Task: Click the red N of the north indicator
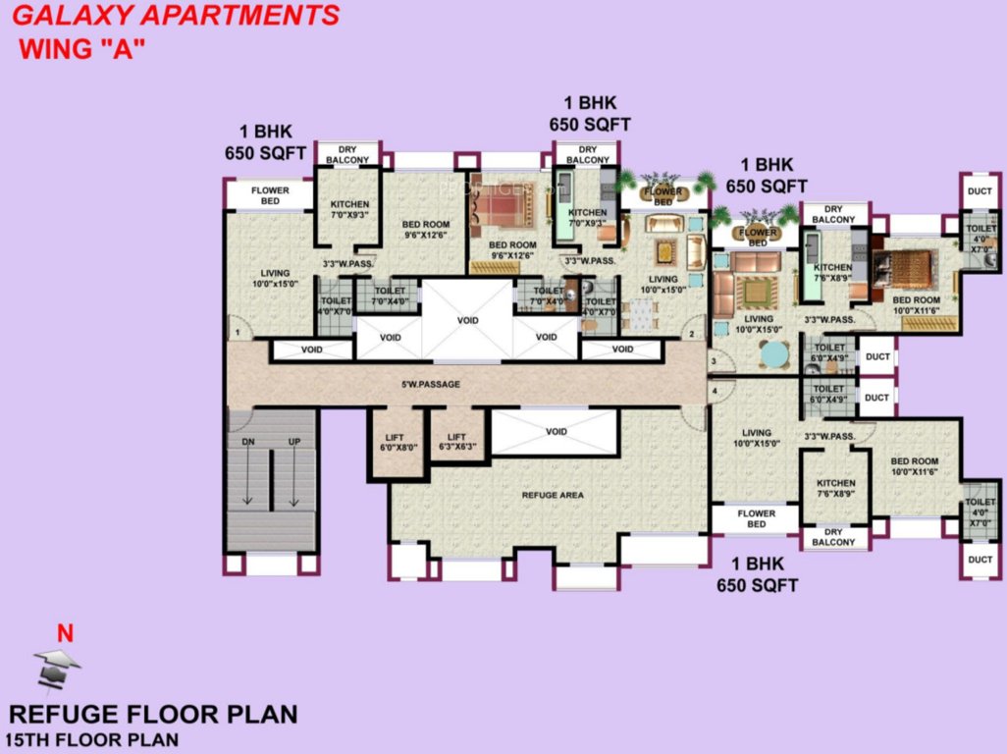tap(65, 634)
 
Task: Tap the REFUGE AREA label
tap(552, 496)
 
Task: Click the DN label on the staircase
tap(247, 443)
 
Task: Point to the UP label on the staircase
tap(293, 443)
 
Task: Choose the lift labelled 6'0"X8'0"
tap(398, 443)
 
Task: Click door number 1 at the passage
tap(236, 319)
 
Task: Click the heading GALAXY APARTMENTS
tap(177, 16)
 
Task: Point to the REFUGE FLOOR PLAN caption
tap(152, 714)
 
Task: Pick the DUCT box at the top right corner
tap(980, 192)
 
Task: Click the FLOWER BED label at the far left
tap(269, 195)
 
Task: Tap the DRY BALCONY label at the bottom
tap(832, 537)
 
